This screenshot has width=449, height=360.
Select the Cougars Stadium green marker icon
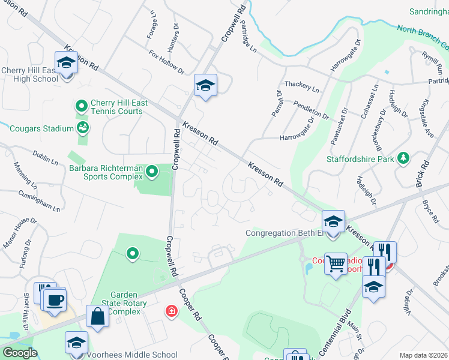tap(82, 127)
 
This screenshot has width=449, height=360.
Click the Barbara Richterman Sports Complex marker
tap(152, 173)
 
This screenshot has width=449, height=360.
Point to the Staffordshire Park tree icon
tap(405, 158)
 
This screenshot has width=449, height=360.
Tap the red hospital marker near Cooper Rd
tap(172, 311)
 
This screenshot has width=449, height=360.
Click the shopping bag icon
tap(97, 317)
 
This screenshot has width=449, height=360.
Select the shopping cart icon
tap(336, 262)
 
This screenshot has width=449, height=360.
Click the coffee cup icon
tap(55, 300)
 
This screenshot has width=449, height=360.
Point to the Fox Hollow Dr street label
tap(167, 61)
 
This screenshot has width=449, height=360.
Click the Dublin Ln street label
tap(46, 158)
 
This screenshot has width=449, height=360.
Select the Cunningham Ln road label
tap(39, 201)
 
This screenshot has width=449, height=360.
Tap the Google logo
tap(20, 353)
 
